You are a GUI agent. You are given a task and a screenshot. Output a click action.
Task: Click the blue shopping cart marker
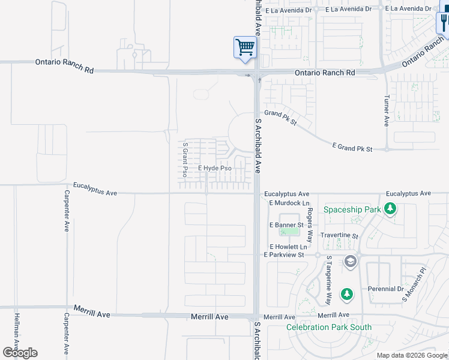click(245, 47)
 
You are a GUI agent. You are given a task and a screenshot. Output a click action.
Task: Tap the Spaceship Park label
click(352, 209)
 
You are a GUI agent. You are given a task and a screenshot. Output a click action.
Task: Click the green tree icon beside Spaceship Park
click(391, 209)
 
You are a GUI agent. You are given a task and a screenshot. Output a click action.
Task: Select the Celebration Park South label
click(328, 327)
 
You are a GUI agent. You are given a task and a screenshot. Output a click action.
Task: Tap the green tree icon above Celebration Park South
click(346, 294)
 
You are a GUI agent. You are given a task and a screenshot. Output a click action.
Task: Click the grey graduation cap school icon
click(351, 262)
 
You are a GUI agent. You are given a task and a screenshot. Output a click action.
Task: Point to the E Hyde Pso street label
click(215, 168)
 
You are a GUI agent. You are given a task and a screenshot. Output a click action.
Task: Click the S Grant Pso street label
click(185, 160)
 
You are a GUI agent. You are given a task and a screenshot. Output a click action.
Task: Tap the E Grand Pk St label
click(352, 147)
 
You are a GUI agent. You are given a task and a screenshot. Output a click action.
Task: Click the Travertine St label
click(339, 236)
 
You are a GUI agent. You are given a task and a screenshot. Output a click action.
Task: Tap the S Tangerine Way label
click(328, 280)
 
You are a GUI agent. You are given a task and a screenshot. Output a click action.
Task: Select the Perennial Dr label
click(386, 289)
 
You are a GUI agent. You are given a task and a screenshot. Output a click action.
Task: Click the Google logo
click(20, 353)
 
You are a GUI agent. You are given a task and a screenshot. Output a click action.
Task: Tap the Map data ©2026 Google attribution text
click(411, 355)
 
